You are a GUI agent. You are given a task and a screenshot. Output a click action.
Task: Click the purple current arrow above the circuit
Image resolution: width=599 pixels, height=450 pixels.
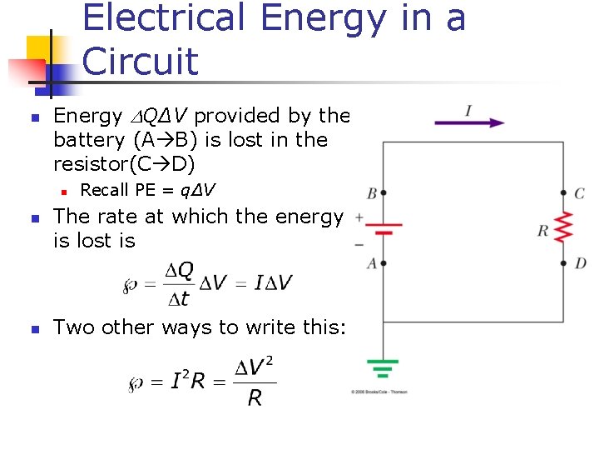click(469, 122)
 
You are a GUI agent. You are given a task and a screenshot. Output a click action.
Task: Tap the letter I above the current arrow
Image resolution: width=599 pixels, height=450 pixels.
click(469, 109)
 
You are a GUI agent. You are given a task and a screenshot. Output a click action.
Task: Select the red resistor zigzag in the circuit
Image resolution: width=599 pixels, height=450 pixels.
click(564, 227)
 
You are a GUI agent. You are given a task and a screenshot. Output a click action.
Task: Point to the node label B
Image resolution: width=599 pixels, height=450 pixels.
click(371, 193)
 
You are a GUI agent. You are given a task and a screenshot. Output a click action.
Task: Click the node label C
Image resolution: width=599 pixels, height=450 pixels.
click(580, 193)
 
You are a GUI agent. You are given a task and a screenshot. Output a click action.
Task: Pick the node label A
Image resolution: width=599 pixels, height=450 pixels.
click(371, 263)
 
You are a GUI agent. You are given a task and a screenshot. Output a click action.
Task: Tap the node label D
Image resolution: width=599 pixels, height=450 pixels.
click(581, 263)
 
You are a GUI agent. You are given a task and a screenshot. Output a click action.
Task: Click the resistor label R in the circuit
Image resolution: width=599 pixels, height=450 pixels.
click(542, 230)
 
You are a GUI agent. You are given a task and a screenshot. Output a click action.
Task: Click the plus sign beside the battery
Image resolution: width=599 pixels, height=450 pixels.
click(359, 216)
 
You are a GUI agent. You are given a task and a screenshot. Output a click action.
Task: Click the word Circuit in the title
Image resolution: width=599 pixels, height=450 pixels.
click(141, 61)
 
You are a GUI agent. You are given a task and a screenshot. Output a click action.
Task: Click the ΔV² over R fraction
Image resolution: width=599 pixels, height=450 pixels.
click(254, 382)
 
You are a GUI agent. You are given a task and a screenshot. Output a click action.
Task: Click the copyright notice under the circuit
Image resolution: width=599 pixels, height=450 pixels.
click(379, 390)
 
